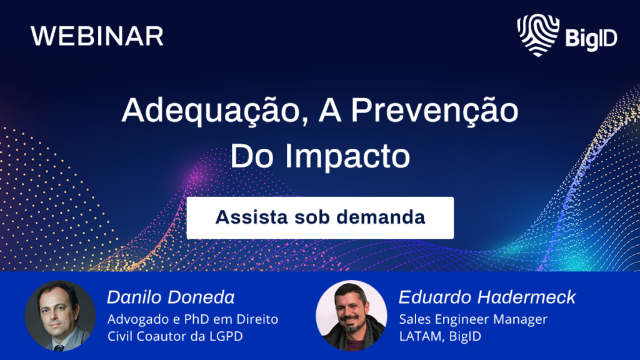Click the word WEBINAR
tap(97, 36)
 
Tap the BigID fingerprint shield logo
tap(538, 35)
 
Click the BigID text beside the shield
tap(591, 39)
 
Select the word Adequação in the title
tap(211, 111)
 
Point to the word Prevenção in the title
tap(435, 111)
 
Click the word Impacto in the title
tap(347, 156)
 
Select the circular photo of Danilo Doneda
tap(61, 316)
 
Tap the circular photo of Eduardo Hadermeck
tap(351, 316)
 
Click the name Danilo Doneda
tap(171, 297)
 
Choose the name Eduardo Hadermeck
tap(487, 297)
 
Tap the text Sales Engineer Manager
tap(473, 319)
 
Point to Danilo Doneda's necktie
tap(59, 347)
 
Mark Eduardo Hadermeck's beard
tap(352, 325)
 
